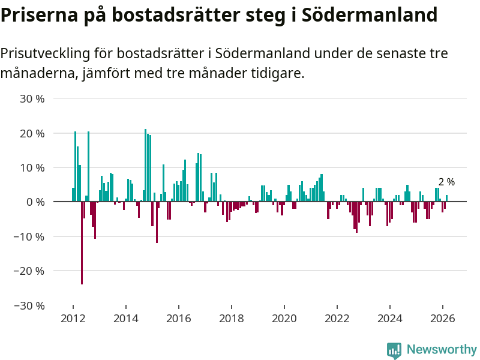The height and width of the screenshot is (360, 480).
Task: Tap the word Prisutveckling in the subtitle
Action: point(45,53)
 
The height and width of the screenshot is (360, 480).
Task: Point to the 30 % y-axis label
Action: point(33,98)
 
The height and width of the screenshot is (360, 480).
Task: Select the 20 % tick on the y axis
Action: point(33,133)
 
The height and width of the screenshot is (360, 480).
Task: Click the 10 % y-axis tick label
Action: point(33,167)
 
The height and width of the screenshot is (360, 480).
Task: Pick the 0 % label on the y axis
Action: point(36,202)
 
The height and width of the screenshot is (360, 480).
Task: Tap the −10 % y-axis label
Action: point(30,236)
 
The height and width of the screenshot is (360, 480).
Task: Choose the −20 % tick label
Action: point(30,271)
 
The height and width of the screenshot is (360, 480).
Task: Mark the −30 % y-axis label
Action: point(30,305)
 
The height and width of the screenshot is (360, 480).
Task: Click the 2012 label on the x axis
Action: point(73,319)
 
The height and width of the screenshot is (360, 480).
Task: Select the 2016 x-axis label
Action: point(178,319)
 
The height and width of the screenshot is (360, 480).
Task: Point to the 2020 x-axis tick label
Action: point(284,319)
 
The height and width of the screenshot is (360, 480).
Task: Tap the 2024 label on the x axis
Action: point(390,319)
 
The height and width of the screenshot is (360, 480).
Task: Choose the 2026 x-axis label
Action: point(443,319)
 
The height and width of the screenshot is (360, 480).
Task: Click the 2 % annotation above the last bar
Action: point(446,182)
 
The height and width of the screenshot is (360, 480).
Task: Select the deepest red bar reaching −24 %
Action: point(82,243)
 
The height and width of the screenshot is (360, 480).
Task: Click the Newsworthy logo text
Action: point(442,349)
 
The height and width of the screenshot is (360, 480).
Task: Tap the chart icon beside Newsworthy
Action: point(394,350)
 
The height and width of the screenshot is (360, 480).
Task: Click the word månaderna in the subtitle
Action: point(34,74)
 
